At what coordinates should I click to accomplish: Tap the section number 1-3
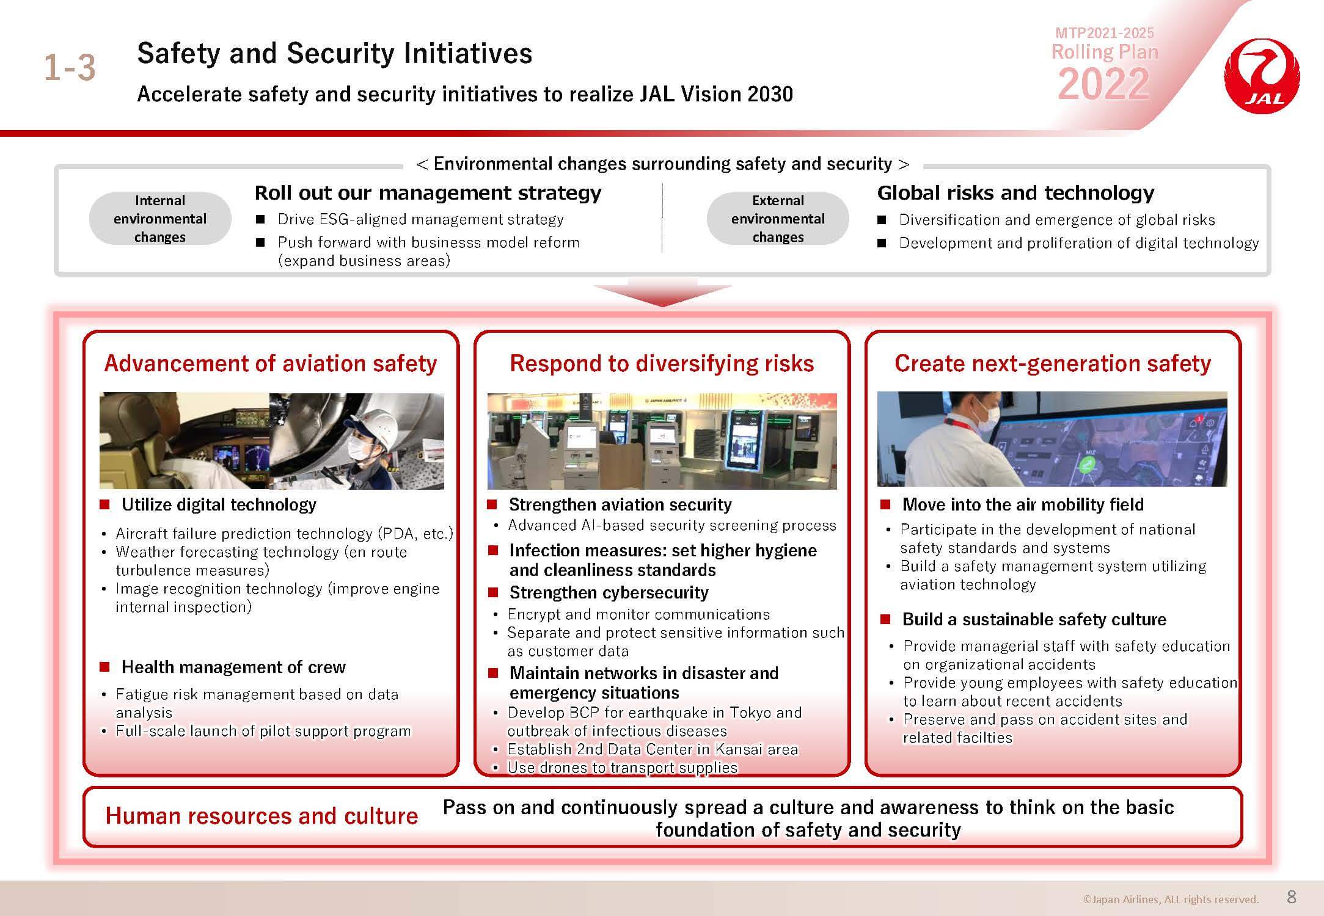coord(70,67)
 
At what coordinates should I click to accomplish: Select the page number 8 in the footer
coord(1291,896)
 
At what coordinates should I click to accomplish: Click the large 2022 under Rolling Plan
coord(1103,84)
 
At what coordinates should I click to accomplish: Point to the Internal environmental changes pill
coord(160,219)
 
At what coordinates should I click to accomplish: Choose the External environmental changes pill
coord(778,219)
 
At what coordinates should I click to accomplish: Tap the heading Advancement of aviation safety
coord(271,363)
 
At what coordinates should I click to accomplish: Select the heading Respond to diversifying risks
coord(662,363)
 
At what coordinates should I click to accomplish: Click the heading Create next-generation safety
coord(1053,363)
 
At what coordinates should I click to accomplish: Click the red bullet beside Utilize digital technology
coord(104,504)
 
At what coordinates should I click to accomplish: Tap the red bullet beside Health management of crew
coord(104,667)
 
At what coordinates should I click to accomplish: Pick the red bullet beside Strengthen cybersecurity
coord(493,592)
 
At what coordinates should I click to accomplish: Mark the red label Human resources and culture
coord(262,816)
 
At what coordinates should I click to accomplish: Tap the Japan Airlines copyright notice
coord(1171,899)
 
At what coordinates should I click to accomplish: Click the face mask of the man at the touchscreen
coord(985,418)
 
